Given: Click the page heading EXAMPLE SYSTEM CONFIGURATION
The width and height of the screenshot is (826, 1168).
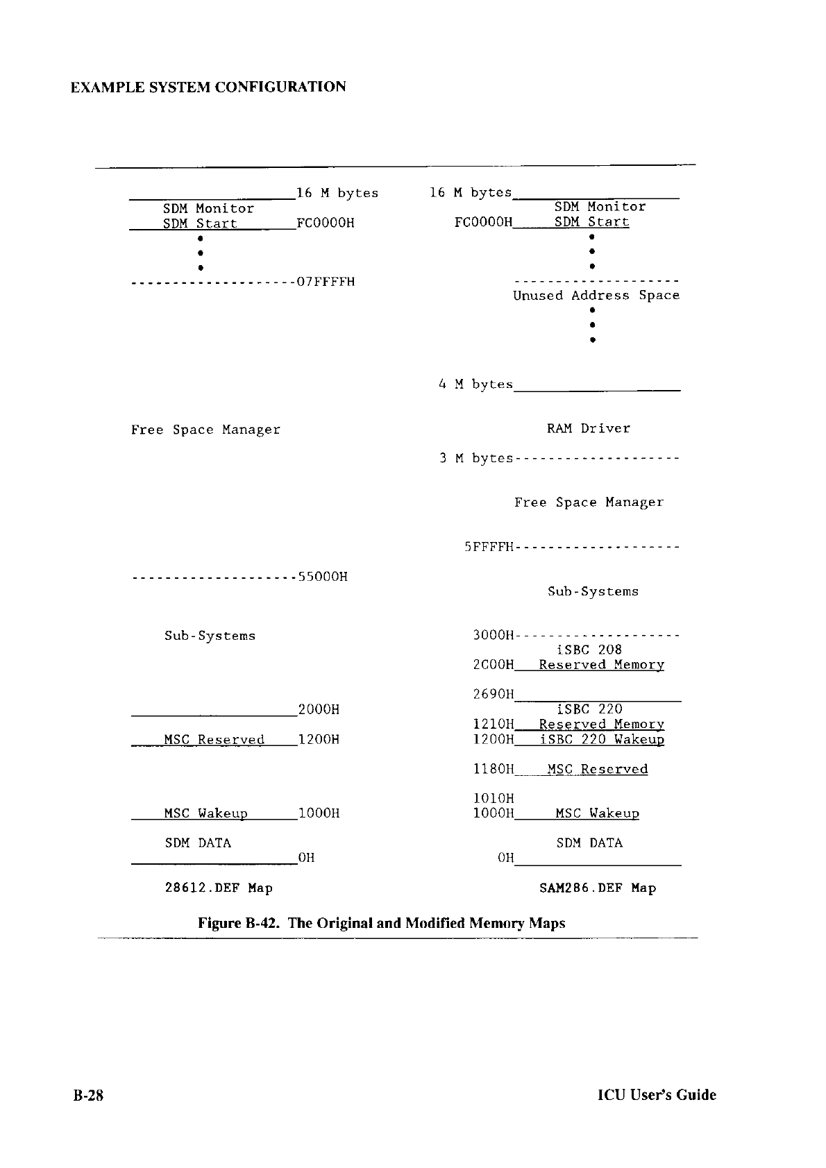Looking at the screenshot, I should [208, 87].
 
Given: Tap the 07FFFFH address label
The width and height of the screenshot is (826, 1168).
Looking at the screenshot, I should [326, 282].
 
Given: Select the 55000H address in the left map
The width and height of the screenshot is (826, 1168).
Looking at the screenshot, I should [322, 577].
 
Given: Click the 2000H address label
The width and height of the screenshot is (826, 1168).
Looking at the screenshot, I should [318, 709].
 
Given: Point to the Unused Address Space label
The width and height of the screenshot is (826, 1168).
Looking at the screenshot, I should [596, 296].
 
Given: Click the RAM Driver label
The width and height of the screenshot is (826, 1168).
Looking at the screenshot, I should [589, 429].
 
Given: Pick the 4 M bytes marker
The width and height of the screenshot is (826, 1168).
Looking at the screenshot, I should [475, 384].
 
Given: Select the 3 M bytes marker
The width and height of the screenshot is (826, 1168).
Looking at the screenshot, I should [475, 459].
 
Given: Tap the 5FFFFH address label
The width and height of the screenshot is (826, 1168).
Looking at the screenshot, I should [489, 548].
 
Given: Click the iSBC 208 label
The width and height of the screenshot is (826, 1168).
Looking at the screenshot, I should [589, 650].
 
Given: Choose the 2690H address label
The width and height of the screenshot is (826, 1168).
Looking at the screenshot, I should [493, 694].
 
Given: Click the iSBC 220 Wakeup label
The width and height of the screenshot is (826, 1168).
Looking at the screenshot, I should [601, 739].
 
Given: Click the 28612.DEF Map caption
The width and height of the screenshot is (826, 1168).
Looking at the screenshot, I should [219, 888].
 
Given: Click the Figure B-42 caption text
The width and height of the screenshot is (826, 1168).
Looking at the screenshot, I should [381, 923].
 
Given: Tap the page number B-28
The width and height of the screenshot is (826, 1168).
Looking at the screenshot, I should [88, 1094].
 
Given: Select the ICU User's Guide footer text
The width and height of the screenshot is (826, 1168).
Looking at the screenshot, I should [657, 1094].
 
